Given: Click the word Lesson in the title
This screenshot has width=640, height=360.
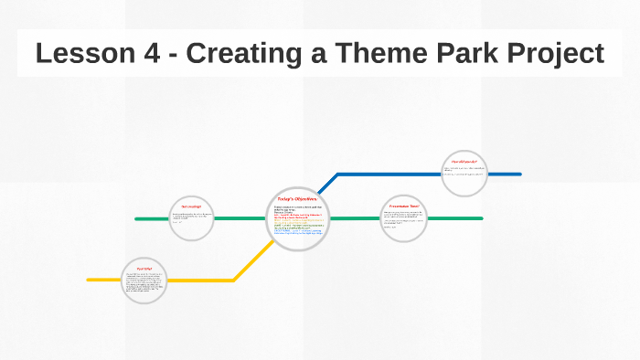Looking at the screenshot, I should click(80, 53).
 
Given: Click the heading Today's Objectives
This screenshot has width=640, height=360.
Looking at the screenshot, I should click(296, 198).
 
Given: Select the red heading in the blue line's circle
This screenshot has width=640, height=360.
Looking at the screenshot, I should click(464, 162).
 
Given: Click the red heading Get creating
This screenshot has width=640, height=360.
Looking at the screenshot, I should click(191, 207).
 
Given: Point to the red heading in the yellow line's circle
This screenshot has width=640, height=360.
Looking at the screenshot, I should click(144, 268).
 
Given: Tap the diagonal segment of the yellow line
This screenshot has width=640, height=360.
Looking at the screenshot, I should click(251, 261).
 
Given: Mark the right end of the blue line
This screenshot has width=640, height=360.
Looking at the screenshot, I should click(519, 174).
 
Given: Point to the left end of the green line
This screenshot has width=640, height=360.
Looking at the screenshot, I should click(137, 219).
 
